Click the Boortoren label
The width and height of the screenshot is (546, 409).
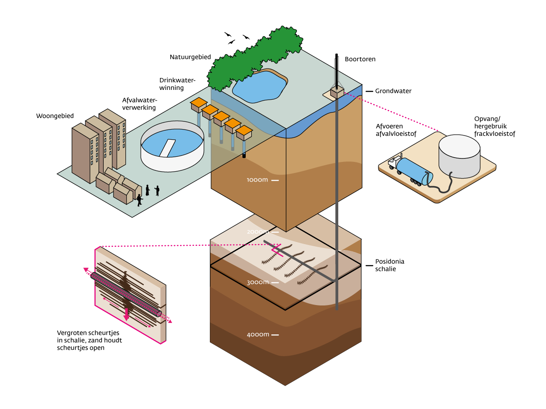pyautogui.click(x=360, y=59)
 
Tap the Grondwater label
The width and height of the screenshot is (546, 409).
pyautogui.click(x=393, y=91)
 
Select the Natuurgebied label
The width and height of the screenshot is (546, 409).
pyautogui.click(x=190, y=57)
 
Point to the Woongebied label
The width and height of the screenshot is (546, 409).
pyautogui.click(x=55, y=116)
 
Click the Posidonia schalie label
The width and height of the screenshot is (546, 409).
pyautogui.click(x=389, y=265)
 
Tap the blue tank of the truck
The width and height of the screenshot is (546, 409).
pyautogui.click(x=414, y=171)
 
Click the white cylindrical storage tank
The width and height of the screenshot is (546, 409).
pyautogui.click(x=459, y=156)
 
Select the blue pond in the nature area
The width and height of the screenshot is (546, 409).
pyautogui.click(x=260, y=87)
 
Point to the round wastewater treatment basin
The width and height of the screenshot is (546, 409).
pyautogui.click(x=172, y=147)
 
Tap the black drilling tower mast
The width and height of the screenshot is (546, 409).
pyautogui.click(x=337, y=71)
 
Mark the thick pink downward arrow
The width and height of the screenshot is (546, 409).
pyautogui.click(x=127, y=314)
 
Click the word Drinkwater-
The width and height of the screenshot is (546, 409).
pyautogui.click(x=177, y=80)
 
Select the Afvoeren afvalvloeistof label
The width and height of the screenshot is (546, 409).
pyautogui.click(x=396, y=130)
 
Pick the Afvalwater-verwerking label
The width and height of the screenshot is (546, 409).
pyautogui.click(x=139, y=104)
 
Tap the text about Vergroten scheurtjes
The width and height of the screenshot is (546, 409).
pyautogui.click(x=89, y=340)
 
